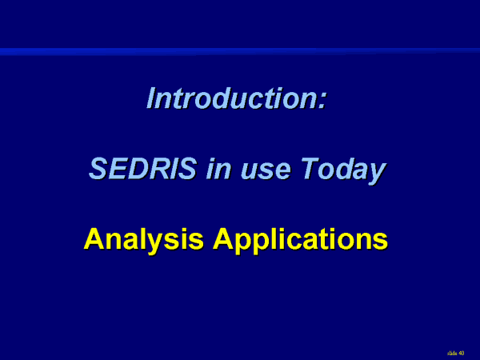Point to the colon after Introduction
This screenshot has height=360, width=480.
[x=322, y=101]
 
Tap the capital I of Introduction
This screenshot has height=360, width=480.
[x=152, y=98]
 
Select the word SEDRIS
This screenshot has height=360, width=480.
[x=142, y=168]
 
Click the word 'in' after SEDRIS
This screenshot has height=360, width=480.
[x=218, y=168]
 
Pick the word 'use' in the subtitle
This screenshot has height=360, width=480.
[x=265, y=171]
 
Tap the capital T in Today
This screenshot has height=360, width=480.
[x=309, y=168]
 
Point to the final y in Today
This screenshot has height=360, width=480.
[x=376, y=174]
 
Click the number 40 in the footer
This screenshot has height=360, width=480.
[x=462, y=354]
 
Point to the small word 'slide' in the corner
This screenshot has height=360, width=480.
[x=452, y=354]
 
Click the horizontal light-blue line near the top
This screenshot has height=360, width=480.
[x=240, y=51]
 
